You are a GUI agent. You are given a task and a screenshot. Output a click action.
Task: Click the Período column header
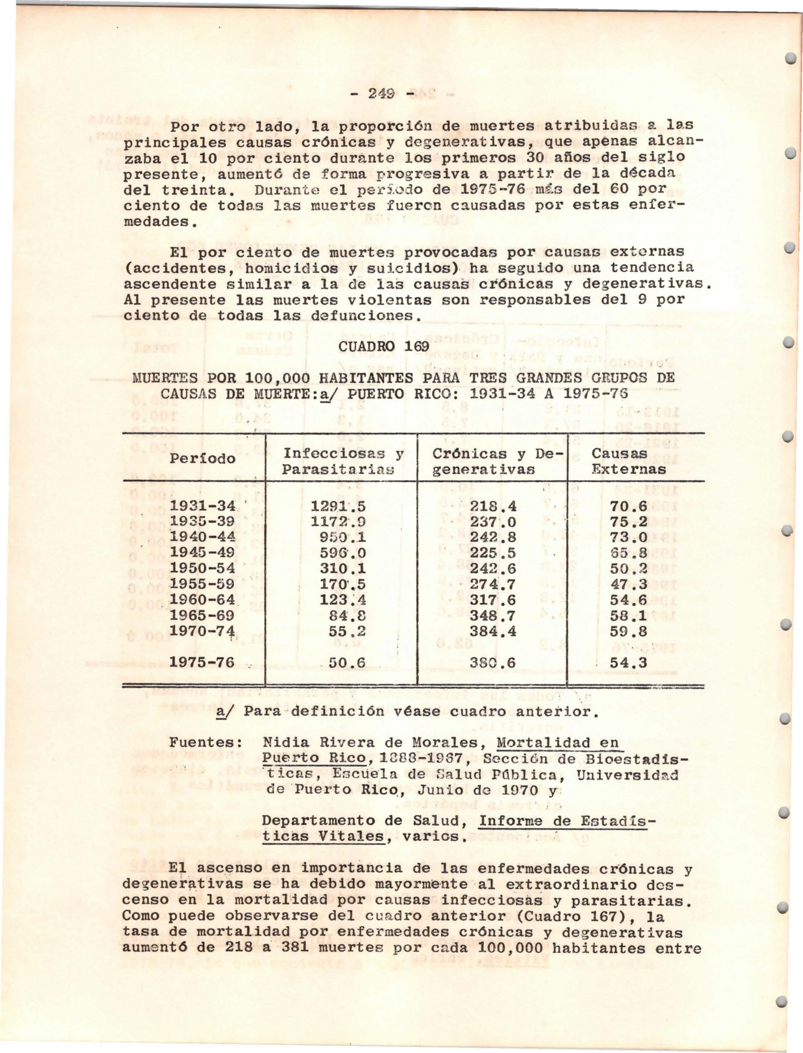203,458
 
